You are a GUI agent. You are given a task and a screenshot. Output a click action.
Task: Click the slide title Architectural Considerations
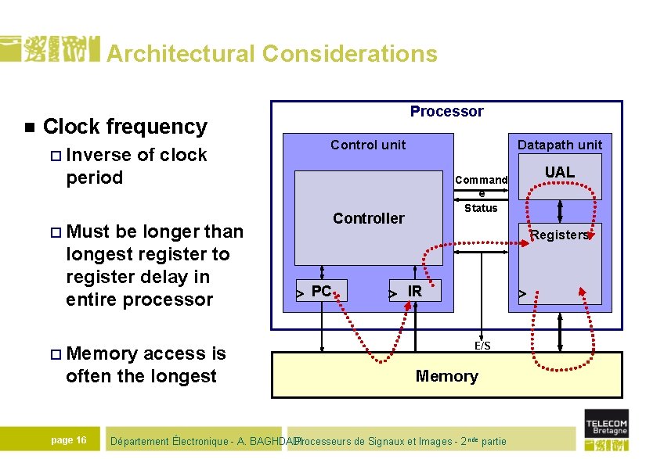coord(272,53)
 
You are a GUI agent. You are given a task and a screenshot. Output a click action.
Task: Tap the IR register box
coord(415,292)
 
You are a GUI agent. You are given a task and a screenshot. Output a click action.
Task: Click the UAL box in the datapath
coord(559,173)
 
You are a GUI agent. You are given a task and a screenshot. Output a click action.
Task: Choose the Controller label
coord(368,218)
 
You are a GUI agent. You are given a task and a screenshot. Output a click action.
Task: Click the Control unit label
coord(368,145)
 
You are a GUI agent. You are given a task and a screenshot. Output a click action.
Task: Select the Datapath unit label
coord(559,145)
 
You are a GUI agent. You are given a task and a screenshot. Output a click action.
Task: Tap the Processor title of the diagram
coord(446,112)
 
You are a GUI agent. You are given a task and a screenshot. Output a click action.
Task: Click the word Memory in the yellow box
coord(446,376)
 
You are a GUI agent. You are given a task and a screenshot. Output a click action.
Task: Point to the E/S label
coord(482,346)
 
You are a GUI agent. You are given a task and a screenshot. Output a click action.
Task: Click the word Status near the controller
coord(481,208)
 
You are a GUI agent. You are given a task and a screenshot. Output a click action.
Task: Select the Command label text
coord(482,181)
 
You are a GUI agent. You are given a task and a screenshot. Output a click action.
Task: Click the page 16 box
coord(69,440)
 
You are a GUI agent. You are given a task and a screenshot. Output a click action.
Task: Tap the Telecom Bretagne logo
coord(606,429)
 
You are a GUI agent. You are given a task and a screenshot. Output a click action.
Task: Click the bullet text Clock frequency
coord(125,127)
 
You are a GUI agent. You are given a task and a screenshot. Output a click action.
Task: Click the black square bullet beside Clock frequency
coord(29,127)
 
